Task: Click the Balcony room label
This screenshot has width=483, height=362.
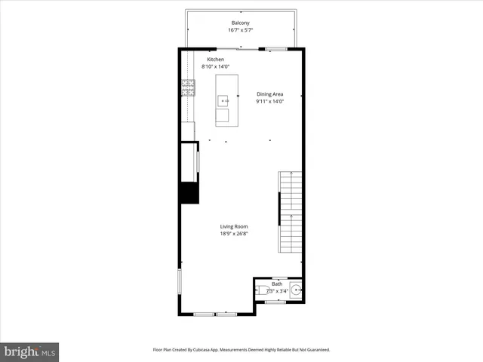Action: pos(241,23)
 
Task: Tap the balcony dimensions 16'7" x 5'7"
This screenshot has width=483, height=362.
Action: pos(241,31)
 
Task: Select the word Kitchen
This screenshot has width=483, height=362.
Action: pos(216,59)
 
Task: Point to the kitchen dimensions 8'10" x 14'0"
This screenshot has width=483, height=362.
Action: pos(216,67)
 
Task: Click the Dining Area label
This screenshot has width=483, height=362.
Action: pos(269,94)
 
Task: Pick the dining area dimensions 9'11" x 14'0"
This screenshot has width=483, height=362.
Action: pos(269,101)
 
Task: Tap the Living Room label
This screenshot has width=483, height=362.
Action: pos(234,226)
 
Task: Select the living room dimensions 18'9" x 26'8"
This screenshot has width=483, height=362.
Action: pos(234,234)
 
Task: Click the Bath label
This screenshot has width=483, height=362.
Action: pos(277,284)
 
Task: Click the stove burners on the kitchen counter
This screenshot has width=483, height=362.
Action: pos(187,89)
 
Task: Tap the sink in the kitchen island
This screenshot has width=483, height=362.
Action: pos(223,100)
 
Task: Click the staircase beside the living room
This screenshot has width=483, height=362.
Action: pos(291,213)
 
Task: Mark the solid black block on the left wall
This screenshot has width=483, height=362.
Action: pos(188,192)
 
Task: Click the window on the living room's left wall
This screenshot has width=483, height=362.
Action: pos(180,282)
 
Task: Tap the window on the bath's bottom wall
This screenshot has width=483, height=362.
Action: pos(275,302)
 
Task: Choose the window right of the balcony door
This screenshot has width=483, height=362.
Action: pos(276,49)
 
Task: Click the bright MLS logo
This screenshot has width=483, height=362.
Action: pos(30,351)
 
